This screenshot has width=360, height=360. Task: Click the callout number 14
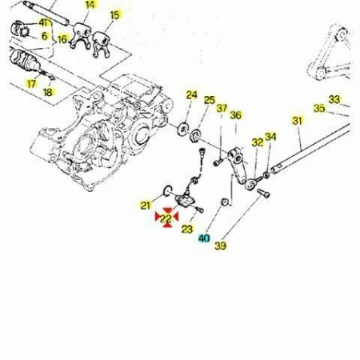tap(90, 5)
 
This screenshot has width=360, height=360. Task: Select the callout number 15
tap(115, 15)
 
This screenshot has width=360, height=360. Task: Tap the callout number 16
tap(62, 40)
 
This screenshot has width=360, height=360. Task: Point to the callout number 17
tap(31, 84)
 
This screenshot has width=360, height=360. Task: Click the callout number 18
tap(48, 93)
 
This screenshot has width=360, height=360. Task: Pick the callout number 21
tap(146, 206)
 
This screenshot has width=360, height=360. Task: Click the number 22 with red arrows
tap(166, 218)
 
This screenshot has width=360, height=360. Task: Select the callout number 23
tap(187, 229)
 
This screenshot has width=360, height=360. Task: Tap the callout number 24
tap(191, 95)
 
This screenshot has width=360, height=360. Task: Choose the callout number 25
tap(210, 100)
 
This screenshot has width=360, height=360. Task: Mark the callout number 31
tap(297, 121)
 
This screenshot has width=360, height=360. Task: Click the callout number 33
tap(334, 99)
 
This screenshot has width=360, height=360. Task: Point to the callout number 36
tap(236, 115)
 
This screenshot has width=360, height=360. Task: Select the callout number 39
tap(221, 246)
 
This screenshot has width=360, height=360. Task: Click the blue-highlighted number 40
tap(204, 238)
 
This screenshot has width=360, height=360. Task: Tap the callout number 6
tap(45, 36)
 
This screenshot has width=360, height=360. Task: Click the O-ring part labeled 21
tap(168, 190)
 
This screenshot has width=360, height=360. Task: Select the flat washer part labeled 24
tap(183, 129)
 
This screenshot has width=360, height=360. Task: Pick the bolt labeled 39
tap(263, 193)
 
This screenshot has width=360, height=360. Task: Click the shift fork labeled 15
tap(102, 44)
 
